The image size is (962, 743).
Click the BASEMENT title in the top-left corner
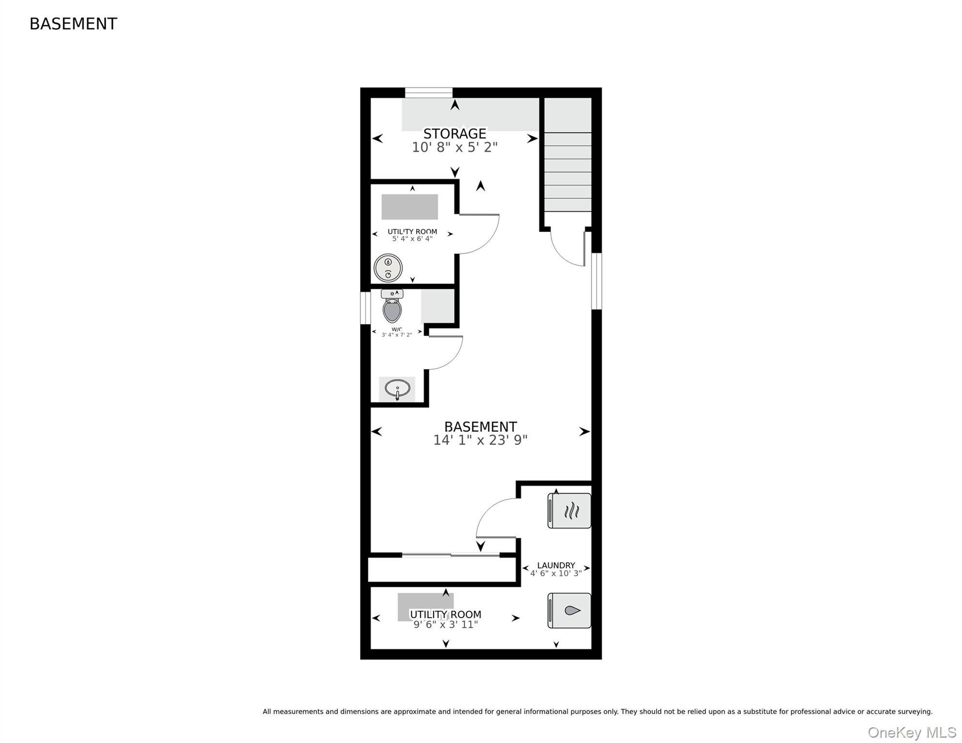73,24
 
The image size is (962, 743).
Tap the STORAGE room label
454,134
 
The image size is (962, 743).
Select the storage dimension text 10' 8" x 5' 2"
454,147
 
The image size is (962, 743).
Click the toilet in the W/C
392,307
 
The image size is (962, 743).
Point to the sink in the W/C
397,389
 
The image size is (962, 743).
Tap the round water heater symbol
388,268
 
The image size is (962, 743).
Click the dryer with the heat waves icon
569,511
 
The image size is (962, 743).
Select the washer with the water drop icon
569,610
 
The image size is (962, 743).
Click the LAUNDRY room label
556,565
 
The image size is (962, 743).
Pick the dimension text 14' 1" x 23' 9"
480,440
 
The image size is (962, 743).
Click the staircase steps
568,172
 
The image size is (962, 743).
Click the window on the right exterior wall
597,281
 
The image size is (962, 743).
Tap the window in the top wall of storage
429,92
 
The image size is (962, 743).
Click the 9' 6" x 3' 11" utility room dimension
446,624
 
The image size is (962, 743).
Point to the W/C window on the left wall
365,308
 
